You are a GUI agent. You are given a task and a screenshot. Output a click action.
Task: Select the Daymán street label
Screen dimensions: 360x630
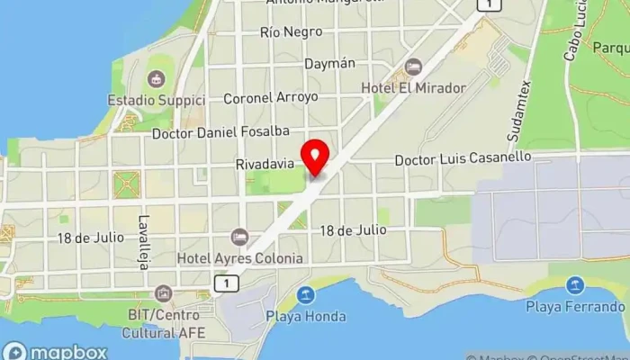[x=330, y=64]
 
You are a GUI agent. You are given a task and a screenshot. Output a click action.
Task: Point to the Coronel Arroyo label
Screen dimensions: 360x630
[x=270, y=97]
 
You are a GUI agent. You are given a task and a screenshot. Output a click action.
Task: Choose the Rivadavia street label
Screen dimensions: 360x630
[x=265, y=165]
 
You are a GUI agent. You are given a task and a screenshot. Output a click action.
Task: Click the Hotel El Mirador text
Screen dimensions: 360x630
[x=414, y=88]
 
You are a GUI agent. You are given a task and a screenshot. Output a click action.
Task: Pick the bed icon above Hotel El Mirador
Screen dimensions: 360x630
[x=413, y=67]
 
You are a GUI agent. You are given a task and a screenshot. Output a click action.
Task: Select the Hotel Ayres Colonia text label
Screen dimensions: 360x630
[x=240, y=257]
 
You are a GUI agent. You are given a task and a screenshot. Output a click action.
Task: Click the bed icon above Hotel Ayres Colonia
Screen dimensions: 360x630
[x=239, y=237]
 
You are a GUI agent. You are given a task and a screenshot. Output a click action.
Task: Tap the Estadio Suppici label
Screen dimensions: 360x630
[x=156, y=98]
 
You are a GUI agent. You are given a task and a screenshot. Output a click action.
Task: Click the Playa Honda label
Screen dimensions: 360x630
[x=306, y=316]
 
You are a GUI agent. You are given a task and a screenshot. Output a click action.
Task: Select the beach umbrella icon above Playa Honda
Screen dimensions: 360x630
[x=307, y=294]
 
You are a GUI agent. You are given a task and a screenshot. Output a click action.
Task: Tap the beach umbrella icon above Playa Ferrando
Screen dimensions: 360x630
[x=574, y=286]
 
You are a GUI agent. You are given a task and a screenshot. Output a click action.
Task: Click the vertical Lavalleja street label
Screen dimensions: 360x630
[x=144, y=236]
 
